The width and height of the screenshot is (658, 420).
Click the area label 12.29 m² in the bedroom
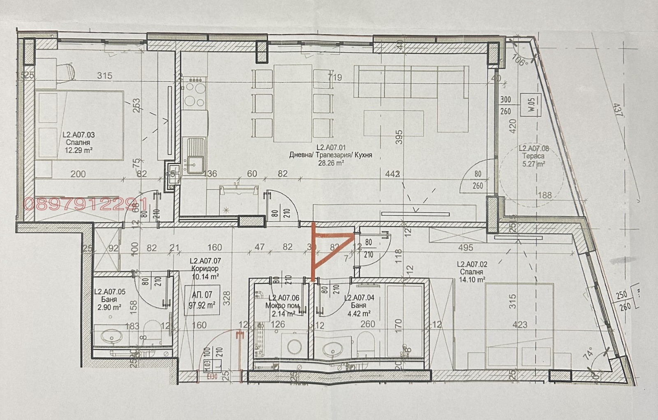tap(78, 151)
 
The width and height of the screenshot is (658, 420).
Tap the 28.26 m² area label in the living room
tap(330, 163)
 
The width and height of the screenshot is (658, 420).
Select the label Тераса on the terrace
tap(534, 156)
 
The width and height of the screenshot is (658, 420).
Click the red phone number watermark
tap(86, 204)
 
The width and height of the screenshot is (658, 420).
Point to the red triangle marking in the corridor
tap(325, 251)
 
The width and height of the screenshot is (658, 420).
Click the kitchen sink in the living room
tap(196, 155)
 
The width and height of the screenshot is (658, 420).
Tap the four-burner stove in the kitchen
tap(195, 94)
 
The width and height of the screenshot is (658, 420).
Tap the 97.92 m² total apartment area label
tap(202, 305)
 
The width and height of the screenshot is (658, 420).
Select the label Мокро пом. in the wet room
tap(283, 306)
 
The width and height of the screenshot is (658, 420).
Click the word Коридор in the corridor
tap(205, 269)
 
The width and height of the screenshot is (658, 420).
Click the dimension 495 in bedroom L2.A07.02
tap(465, 248)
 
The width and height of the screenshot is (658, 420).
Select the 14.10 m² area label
tap(471, 280)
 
